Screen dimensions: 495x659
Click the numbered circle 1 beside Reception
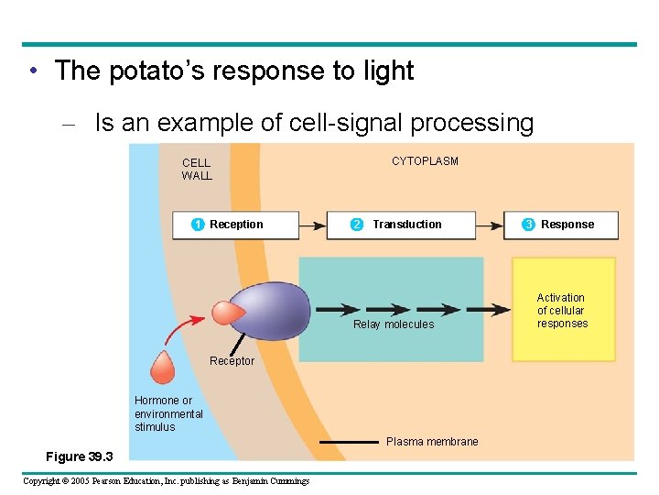[x=197, y=225]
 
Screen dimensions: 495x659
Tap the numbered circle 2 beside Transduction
[x=357, y=225]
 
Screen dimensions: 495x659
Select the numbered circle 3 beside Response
[x=528, y=225]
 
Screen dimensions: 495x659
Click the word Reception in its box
[x=236, y=225]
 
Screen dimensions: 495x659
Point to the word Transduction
[x=406, y=225]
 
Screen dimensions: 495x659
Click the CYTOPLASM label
[x=425, y=161]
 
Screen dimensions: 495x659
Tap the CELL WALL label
[x=197, y=170]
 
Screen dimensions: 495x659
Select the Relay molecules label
[x=394, y=324]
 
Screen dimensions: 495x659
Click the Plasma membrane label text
[x=432, y=442]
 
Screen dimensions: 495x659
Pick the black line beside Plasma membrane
[x=348, y=442]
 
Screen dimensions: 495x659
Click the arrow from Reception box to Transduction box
[x=312, y=225]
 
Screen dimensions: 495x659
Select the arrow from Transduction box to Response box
[x=489, y=225]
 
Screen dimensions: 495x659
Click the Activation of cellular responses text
[x=562, y=311]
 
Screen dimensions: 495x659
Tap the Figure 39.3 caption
[x=80, y=456]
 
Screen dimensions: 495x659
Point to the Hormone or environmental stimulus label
[x=168, y=413]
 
